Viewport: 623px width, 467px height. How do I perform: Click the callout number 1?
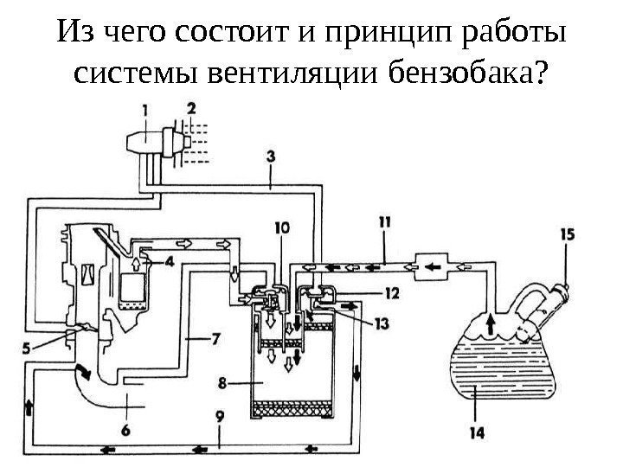pos(145,109)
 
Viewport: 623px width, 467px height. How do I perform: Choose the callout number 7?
pos(219,339)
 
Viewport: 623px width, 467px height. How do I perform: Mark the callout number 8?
pos(223,381)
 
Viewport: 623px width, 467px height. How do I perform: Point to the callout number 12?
pos(392,294)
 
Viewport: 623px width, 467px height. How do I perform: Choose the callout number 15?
pos(567,234)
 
